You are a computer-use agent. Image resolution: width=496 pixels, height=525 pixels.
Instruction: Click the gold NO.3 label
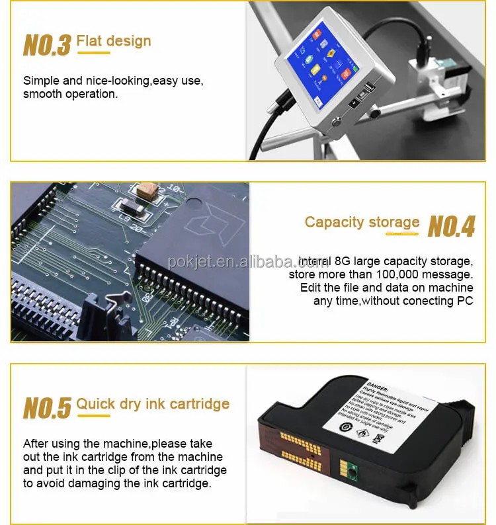(x=47, y=45)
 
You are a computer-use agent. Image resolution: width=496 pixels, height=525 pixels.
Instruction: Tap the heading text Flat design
(x=114, y=42)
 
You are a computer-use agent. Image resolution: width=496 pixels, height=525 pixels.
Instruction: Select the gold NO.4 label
(x=451, y=226)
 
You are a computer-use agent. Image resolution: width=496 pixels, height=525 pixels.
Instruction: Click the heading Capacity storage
(x=362, y=222)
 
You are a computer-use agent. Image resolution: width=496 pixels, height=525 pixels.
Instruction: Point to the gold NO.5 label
(x=47, y=407)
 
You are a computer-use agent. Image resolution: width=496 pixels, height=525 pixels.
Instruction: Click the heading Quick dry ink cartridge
(x=153, y=404)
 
